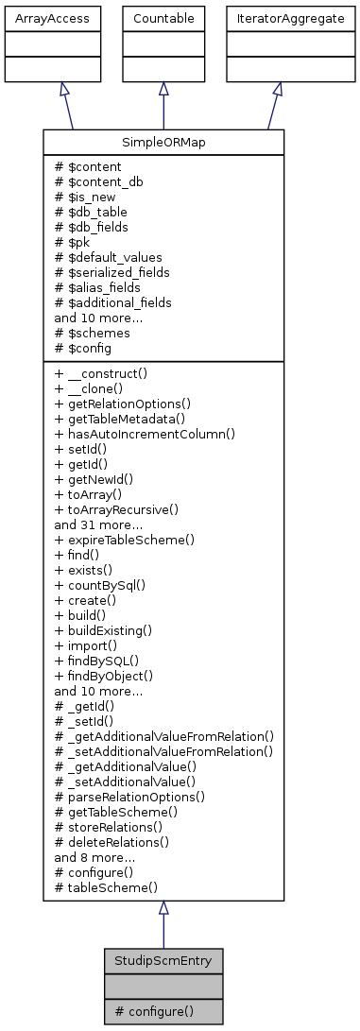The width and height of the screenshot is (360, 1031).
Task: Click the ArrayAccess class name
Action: pyautogui.click(x=39, y=18)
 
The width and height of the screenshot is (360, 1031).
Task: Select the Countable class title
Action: pyautogui.click(x=163, y=18)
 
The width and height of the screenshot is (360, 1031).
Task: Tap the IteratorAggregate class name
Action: pyautogui.click(x=277, y=18)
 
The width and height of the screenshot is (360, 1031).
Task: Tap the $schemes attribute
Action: pyautogui.click(x=95, y=333)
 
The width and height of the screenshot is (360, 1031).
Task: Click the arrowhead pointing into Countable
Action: pyautogui.click(x=163, y=88)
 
